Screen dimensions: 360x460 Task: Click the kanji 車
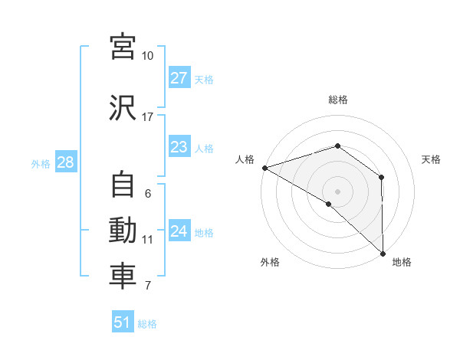click(x=123, y=277)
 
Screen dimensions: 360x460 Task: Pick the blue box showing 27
click(x=179, y=78)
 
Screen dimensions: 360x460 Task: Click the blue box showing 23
click(x=179, y=148)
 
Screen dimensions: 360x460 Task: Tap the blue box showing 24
click(x=179, y=231)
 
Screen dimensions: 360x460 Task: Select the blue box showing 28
click(x=65, y=162)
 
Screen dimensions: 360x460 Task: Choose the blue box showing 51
click(x=123, y=322)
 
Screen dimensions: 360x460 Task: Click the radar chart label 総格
click(x=337, y=100)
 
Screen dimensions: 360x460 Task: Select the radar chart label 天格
click(x=431, y=159)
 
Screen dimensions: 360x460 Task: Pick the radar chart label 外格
click(x=270, y=263)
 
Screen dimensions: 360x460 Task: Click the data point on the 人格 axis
click(x=264, y=167)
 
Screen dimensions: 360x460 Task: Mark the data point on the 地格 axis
click(x=382, y=252)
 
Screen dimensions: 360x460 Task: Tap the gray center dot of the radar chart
click(x=337, y=191)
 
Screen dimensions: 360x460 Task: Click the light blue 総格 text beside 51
click(x=147, y=324)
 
